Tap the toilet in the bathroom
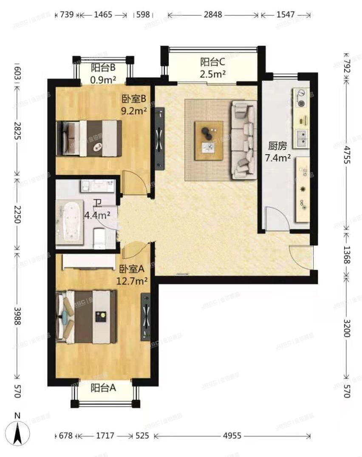[x=99, y=238]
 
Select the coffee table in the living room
[x=209, y=141]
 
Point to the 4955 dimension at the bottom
[x=232, y=436]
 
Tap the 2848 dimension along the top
[x=212, y=15]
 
